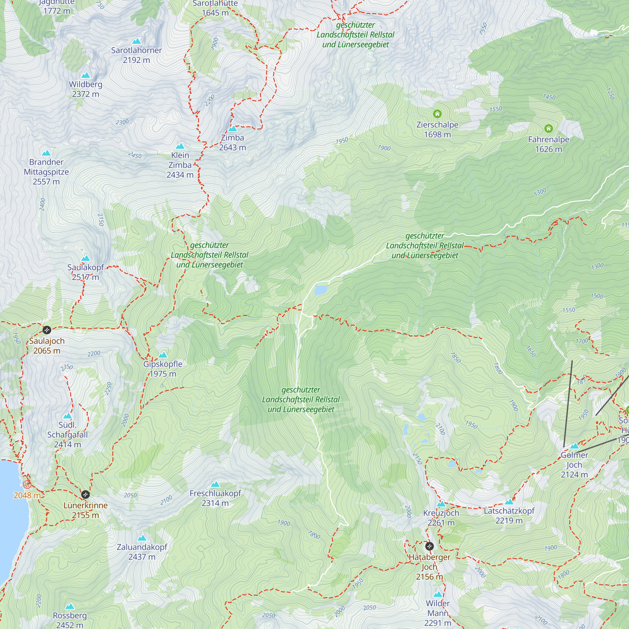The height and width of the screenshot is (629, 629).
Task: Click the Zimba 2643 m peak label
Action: tap(232, 142)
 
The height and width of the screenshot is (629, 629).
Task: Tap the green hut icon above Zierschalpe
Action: tap(437, 114)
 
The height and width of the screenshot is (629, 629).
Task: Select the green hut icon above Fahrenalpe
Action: tap(548, 128)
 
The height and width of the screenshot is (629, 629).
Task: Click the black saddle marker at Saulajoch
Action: tap(47, 330)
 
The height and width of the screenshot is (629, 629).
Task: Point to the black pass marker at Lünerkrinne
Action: tap(85, 494)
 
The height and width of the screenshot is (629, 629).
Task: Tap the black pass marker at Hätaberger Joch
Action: tap(429, 546)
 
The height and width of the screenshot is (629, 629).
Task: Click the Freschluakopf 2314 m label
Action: tap(215, 498)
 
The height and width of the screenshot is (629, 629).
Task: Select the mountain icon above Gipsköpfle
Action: tap(163, 355)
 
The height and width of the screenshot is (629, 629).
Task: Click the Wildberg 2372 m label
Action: tap(86, 89)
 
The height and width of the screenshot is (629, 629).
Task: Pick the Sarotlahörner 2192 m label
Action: tap(136, 55)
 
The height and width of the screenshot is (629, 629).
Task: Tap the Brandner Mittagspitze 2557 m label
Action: tap(46, 172)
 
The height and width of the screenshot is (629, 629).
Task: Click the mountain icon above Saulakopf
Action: tap(86, 259)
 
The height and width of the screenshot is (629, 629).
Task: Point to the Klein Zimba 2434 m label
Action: tap(180, 165)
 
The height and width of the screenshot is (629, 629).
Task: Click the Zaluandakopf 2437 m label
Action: tap(142, 552)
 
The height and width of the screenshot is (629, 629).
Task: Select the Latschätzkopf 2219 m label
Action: tap(509, 516)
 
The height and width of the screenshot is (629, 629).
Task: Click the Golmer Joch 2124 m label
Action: tap(574, 465)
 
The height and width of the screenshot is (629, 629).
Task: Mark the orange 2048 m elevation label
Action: tap(27, 496)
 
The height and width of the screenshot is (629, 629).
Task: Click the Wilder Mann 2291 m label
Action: tap(438, 613)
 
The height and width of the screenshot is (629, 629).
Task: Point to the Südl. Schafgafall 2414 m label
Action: tap(67, 435)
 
